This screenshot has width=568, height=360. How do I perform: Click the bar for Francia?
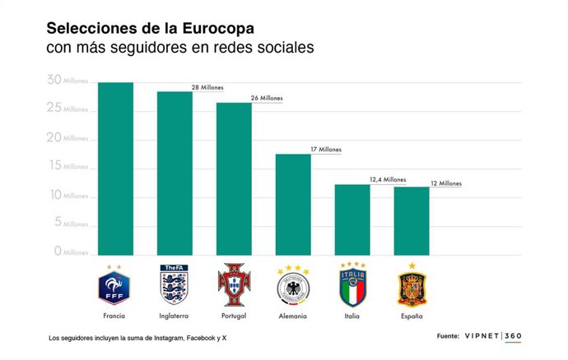pos(115,168)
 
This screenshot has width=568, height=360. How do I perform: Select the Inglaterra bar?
pos(175,173)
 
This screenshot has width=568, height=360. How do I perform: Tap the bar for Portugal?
pos(234,178)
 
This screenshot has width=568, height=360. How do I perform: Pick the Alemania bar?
pos(293,204)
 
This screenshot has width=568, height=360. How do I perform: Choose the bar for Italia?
pos(352,219)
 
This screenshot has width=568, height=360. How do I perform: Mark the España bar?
pos(412,220)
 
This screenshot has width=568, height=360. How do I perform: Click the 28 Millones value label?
pos(207,87)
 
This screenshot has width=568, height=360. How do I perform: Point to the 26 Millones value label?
pos(267,98)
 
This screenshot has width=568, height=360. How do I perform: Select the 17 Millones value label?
pos(325,150)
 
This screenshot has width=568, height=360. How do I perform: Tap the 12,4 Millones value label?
pos(388,179)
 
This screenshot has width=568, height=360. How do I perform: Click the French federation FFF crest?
pos(114,285)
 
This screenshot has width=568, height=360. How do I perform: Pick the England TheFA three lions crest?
pos(174,285)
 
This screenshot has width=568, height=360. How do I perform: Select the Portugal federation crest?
pos(233,285)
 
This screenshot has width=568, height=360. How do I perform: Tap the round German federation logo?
pos(292,287)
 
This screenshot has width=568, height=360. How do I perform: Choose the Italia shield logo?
pos(352,285)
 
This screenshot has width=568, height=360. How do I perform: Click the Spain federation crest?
pos(412,286)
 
